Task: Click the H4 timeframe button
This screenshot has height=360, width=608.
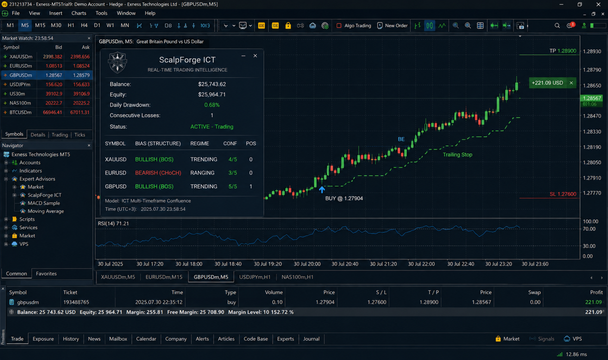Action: (84, 25)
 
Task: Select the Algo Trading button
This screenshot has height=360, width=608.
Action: (354, 25)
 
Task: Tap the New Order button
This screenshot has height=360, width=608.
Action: (392, 25)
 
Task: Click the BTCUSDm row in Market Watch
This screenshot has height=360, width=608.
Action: (47, 112)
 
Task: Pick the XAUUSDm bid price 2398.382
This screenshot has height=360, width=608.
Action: (52, 57)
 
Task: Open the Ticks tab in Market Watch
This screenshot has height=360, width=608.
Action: (79, 135)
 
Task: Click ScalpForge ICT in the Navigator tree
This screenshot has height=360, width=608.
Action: (44, 195)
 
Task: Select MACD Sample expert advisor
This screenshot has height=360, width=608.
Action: (44, 203)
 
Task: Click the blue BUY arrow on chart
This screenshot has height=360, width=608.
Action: (322, 190)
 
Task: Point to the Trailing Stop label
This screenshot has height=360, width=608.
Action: (457, 155)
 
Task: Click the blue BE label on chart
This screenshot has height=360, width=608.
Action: (401, 139)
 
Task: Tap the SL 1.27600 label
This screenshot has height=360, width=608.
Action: (562, 194)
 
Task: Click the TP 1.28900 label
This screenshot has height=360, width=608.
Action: (562, 51)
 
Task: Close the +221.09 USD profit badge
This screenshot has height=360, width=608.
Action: (571, 83)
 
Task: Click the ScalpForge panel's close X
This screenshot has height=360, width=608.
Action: (255, 56)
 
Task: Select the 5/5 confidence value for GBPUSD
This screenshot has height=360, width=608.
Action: (233, 187)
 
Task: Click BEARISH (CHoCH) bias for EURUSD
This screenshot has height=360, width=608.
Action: (158, 173)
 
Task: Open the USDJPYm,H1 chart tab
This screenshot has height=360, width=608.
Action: (255, 277)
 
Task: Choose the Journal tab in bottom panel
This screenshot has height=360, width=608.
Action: (311, 339)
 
